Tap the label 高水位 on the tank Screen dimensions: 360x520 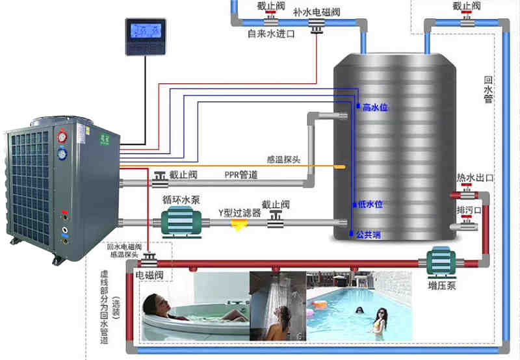click(x=375, y=107)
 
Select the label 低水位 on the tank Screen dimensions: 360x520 click(x=370, y=204)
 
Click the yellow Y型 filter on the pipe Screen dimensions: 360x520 click(x=239, y=223)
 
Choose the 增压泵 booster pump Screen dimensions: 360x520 click(x=440, y=263)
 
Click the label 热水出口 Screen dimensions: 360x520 click(x=475, y=177)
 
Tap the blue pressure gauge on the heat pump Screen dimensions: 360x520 click(x=62, y=155)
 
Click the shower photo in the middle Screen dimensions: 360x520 click(x=278, y=305)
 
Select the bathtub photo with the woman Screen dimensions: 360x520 click(x=196, y=305)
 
